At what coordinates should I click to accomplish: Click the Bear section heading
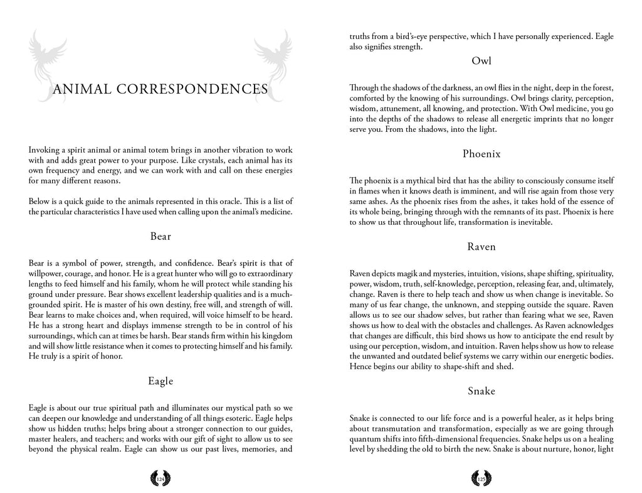click(160, 237)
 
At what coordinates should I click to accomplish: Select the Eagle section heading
click(160, 381)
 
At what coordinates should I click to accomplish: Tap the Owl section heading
click(481, 61)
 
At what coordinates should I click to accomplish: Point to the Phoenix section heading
click(481, 154)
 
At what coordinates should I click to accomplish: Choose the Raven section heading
click(481, 247)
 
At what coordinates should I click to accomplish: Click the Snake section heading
click(481, 391)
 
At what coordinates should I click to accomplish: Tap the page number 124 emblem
click(160, 479)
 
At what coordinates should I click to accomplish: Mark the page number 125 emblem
click(481, 479)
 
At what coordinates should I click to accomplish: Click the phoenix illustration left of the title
click(50, 63)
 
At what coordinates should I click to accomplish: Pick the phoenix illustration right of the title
click(271, 63)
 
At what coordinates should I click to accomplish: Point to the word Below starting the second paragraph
click(39, 200)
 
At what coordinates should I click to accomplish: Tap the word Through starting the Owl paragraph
click(363, 88)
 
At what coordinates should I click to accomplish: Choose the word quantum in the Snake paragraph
click(364, 439)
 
